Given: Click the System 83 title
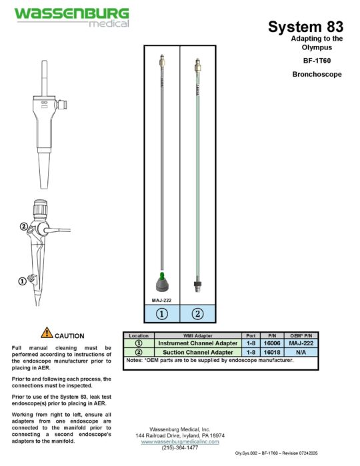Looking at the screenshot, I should pyautogui.click(x=305, y=27).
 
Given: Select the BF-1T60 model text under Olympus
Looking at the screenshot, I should pyautogui.click(x=317, y=61).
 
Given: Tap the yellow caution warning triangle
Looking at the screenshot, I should pyautogui.click(x=46, y=333).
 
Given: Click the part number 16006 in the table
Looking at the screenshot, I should pyautogui.click(x=272, y=343).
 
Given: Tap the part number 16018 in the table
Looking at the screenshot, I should pyautogui.click(x=272, y=351).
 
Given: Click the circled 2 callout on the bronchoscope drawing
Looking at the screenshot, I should pyautogui.click(x=23, y=227).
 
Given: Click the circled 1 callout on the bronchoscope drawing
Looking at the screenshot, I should pyautogui.click(x=22, y=281).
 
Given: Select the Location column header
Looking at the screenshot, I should pyautogui.click(x=139, y=335).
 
